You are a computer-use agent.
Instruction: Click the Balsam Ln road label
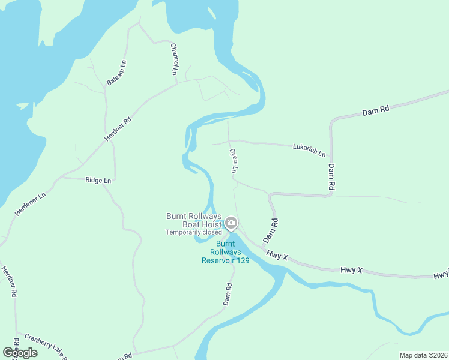(x=116, y=72)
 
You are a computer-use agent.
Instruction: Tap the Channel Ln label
(x=174, y=58)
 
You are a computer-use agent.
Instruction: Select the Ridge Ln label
(x=98, y=180)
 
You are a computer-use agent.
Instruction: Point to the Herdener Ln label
(x=30, y=204)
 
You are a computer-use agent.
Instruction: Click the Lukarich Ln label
(x=309, y=149)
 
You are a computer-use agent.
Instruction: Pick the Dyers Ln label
(x=233, y=161)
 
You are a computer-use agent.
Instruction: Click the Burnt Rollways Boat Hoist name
(x=194, y=220)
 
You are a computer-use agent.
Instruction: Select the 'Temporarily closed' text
(x=194, y=232)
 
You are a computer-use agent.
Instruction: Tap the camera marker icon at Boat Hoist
(x=231, y=224)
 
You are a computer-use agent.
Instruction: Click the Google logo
(x=20, y=352)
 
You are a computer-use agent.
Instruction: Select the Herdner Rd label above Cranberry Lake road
(x=10, y=281)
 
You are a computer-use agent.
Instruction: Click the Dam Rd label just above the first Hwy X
(x=271, y=230)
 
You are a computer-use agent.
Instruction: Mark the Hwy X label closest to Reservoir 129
(x=278, y=256)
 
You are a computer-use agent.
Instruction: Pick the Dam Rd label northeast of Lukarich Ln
(x=376, y=110)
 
